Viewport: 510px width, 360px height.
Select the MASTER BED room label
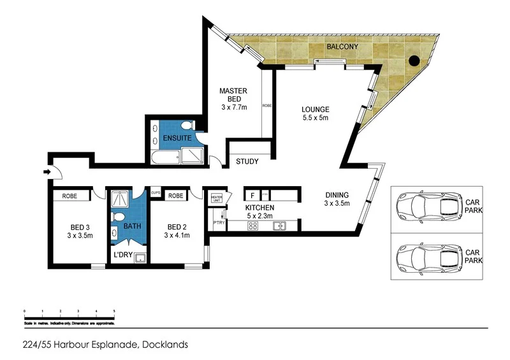coord(233,96)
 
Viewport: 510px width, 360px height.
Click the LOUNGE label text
coord(315,109)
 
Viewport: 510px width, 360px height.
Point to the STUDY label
coord(247,161)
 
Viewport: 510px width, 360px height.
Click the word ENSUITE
coord(176,138)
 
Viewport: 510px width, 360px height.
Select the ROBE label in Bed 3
coord(70,196)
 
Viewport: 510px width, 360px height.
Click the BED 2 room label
coord(176,227)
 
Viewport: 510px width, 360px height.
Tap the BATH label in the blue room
coord(132,226)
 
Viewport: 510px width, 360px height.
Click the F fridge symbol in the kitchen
coord(252,195)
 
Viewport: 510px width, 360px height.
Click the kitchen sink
coord(279,226)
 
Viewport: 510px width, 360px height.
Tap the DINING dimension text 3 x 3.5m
coord(338,204)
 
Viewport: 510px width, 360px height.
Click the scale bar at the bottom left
coord(69,315)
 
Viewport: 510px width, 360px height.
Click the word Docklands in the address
coord(165,345)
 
